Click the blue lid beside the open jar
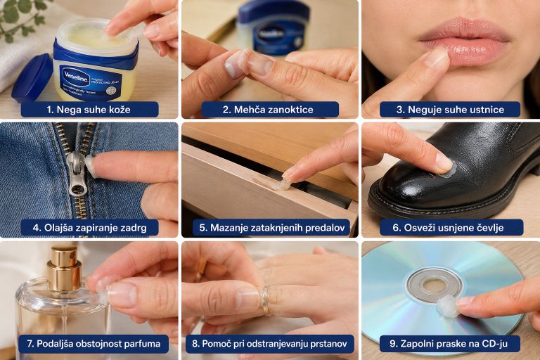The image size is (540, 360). click(33, 78)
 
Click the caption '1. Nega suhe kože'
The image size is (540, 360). click(89, 110)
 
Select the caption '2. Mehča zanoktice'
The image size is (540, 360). click(268, 110)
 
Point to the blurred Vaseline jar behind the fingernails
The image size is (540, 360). click(274, 27)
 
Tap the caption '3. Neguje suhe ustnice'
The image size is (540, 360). click(450, 110)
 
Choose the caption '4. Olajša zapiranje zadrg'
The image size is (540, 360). click(89, 228)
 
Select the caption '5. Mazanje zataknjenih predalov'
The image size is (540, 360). click(271, 228)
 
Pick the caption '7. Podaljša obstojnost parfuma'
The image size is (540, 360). click(94, 344)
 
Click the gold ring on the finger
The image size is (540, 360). click(265, 301)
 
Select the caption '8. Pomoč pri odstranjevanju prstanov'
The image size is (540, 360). click(270, 344)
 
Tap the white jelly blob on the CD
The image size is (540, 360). click(447, 307)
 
